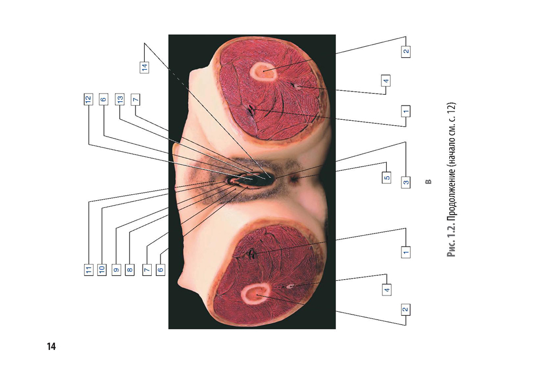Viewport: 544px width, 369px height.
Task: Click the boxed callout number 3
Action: [406, 182]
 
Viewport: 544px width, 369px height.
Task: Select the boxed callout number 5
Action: [386, 177]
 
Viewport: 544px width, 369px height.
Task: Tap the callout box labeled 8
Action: [129, 270]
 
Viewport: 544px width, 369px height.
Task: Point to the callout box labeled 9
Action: [116, 270]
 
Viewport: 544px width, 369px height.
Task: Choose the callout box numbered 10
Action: [102, 270]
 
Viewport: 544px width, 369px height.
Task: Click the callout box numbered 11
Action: [89, 270]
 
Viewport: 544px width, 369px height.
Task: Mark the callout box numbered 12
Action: [88, 99]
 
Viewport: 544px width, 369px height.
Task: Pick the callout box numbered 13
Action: [120, 99]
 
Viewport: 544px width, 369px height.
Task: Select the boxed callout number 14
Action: [144, 66]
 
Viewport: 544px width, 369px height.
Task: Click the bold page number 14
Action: [51, 347]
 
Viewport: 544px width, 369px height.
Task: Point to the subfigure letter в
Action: [429, 182]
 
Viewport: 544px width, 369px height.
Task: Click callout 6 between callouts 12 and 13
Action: [103, 99]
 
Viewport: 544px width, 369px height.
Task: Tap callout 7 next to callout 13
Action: [135, 99]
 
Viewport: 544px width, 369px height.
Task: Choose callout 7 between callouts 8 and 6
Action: [147, 270]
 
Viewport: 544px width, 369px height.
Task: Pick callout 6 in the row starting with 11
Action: [160, 270]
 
